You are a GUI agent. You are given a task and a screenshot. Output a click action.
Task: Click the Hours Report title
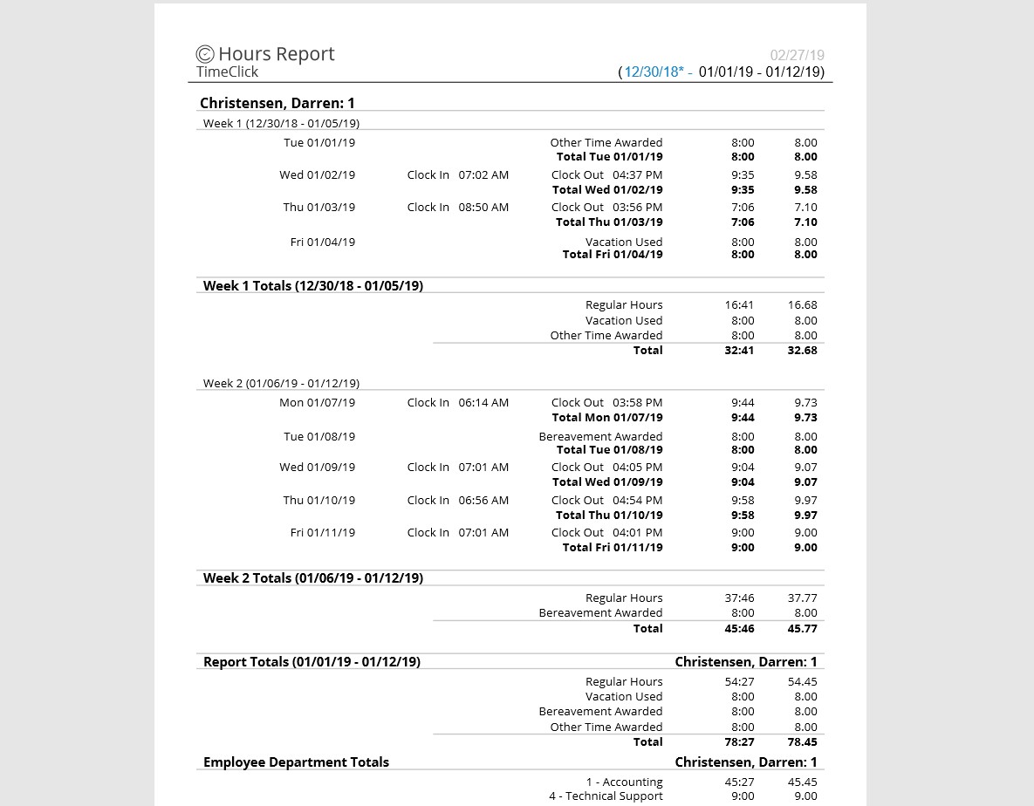coord(276,54)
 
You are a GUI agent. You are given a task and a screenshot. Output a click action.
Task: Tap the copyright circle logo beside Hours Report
coord(205,55)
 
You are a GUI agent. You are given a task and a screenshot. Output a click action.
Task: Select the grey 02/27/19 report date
coord(797,55)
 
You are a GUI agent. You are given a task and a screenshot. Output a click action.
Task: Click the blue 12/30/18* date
coord(654,72)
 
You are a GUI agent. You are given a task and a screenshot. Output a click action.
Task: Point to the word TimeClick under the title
coord(227,72)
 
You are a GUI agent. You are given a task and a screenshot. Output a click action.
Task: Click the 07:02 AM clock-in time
coord(483,174)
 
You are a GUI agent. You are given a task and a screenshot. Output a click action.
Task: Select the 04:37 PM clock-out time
coord(637,174)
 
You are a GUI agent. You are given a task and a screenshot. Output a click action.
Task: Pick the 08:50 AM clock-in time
coord(483,207)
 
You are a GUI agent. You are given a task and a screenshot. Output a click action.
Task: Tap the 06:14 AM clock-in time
coord(483,402)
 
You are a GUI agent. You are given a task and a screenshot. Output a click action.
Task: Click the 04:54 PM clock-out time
coord(637,500)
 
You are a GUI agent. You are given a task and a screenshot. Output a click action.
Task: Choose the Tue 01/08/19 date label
coord(319,436)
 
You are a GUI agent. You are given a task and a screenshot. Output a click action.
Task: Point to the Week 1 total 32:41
coord(739,350)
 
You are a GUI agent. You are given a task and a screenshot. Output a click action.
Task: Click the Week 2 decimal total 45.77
coord(802,628)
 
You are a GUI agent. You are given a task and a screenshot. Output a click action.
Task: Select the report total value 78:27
coord(739,741)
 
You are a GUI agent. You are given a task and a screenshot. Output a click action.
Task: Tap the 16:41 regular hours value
coord(739,304)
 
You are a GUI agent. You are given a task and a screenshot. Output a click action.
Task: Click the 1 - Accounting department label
coord(624,782)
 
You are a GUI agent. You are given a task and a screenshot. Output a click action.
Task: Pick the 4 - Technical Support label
coord(606,796)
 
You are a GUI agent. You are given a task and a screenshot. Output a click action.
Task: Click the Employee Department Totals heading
coord(296,762)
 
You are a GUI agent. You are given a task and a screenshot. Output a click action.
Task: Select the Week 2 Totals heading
coord(312,577)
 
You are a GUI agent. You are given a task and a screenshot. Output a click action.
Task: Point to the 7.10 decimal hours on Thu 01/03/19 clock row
coord(805,207)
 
